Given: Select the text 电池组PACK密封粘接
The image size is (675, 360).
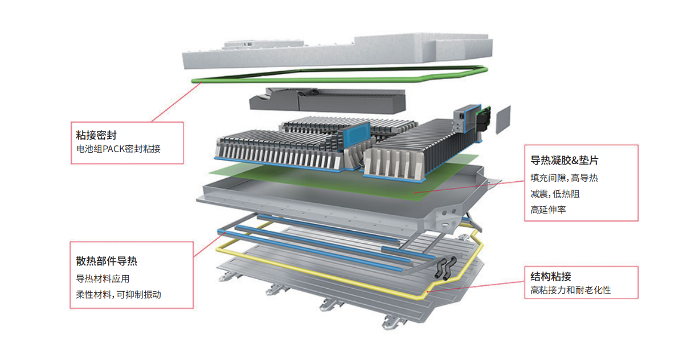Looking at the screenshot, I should pyautogui.click(x=118, y=149).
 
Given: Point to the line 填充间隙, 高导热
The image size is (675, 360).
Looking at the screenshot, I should pyautogui.click(x=564, y=178).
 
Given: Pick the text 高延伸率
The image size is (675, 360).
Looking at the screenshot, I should pyautogui.click(x=548, y=210).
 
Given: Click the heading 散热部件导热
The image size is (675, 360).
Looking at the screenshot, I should pyautogui.click(x=107, y=261).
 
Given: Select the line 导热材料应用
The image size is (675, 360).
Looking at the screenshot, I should pyautogui.click(x=103, y=279).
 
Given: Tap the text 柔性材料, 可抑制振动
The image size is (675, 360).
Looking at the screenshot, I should pyautogui.click(x=118, y=294).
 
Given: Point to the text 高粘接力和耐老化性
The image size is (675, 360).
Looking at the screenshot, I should pyautogui.click(x=570, y=291).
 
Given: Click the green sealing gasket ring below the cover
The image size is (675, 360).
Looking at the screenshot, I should pyautogui.click(x=342, y=80).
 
